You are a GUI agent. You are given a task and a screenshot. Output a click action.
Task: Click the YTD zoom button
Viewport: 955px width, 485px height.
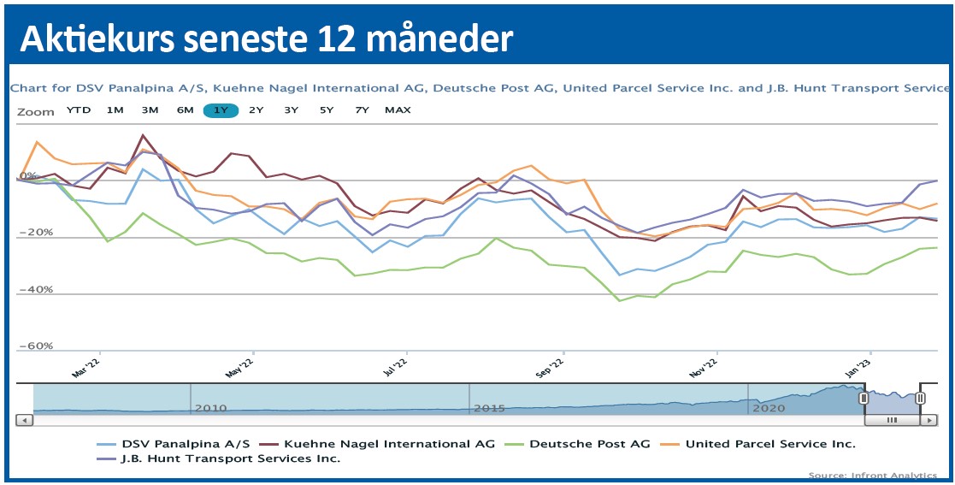pyautogui.click(x=79, y=110)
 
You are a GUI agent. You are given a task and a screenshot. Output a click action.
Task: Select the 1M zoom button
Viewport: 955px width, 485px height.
pyautogui.click(x=115, y=110)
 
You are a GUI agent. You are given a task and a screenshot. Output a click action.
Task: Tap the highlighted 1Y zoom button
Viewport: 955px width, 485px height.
pyautogui.click(x=221, y=110)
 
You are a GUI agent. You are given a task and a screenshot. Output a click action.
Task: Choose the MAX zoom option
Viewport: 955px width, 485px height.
pyautogui.click(x=398, y=110)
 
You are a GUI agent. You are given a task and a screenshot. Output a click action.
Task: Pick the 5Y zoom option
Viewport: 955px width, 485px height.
pyautogui.click(x=327, y=110)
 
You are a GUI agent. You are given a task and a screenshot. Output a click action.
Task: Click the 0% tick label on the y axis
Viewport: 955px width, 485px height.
pyautogui.click(x=30, y=175)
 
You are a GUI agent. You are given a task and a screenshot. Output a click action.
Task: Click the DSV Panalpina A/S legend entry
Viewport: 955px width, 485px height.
pyautogui.click(x=186, y=444)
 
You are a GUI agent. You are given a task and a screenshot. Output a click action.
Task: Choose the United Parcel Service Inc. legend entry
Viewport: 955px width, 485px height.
pyautogui.click(x=770, y=444)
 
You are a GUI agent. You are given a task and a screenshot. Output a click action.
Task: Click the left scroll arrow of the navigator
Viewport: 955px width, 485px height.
pyautogui.click(x=25, y=420)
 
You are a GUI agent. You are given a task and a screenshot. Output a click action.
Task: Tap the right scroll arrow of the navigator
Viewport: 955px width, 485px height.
pyautogui.click(x=928, y=420)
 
